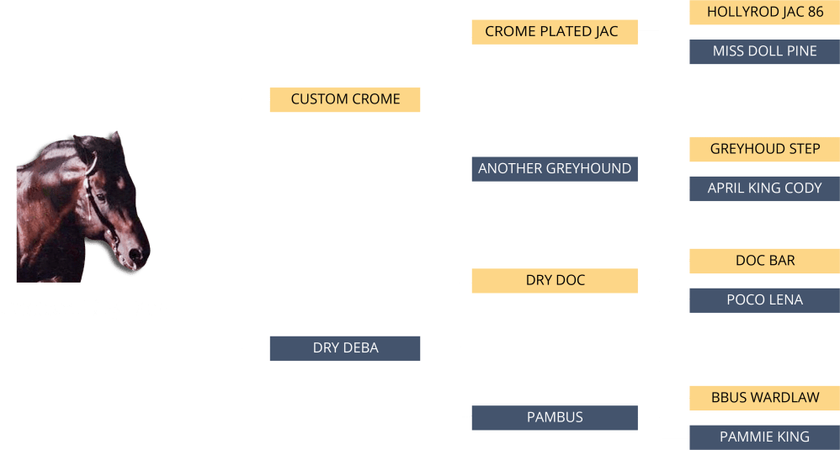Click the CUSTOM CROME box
(345, 99)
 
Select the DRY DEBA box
(345, 348)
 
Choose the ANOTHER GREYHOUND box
(554, 169)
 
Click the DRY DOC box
(554, 280)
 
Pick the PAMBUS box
(554, 417)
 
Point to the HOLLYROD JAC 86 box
(764, 13)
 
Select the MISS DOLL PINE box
(764, 51)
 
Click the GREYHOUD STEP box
(764, 149)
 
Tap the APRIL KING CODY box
(764, 188)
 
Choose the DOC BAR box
(764, 261)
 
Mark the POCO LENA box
(764, 300)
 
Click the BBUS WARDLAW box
(764, 398)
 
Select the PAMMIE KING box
(764, 437)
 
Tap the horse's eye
(101, 199)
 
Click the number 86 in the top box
(815, 13)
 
